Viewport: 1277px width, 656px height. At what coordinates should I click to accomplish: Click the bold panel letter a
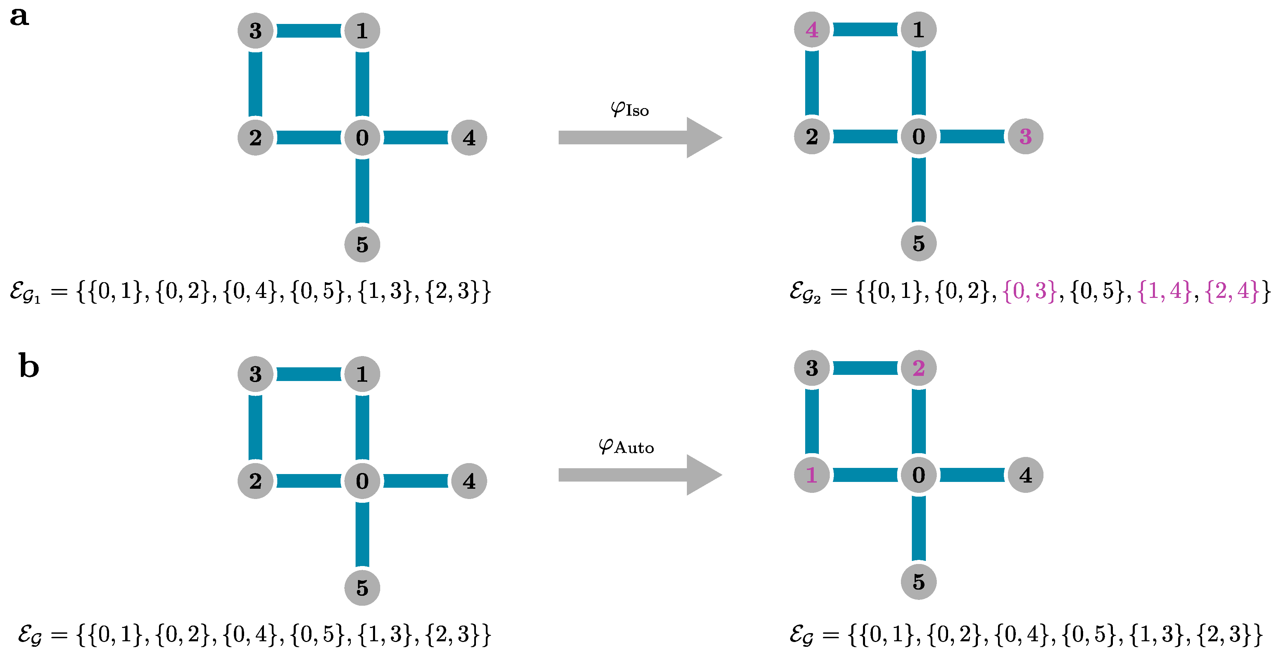pos(19,16)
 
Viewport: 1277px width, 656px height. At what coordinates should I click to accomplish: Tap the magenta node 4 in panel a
pos(812,30)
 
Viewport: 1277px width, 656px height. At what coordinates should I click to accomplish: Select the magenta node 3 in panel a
pos(1025,136)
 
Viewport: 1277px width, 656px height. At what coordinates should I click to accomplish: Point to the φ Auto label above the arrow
pos(626,446)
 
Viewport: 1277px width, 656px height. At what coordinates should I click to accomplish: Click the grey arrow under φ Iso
pos(639,137)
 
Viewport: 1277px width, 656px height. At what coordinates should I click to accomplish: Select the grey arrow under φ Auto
pos(639,475)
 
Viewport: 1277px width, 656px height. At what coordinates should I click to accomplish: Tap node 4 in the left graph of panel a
pos(469,137)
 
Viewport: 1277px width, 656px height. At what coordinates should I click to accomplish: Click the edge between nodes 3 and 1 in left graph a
pos(308,31)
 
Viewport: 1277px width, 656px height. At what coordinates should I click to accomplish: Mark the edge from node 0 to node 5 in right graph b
pos(919,528)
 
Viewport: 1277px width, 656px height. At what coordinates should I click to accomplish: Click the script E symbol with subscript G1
pos(25,292)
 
